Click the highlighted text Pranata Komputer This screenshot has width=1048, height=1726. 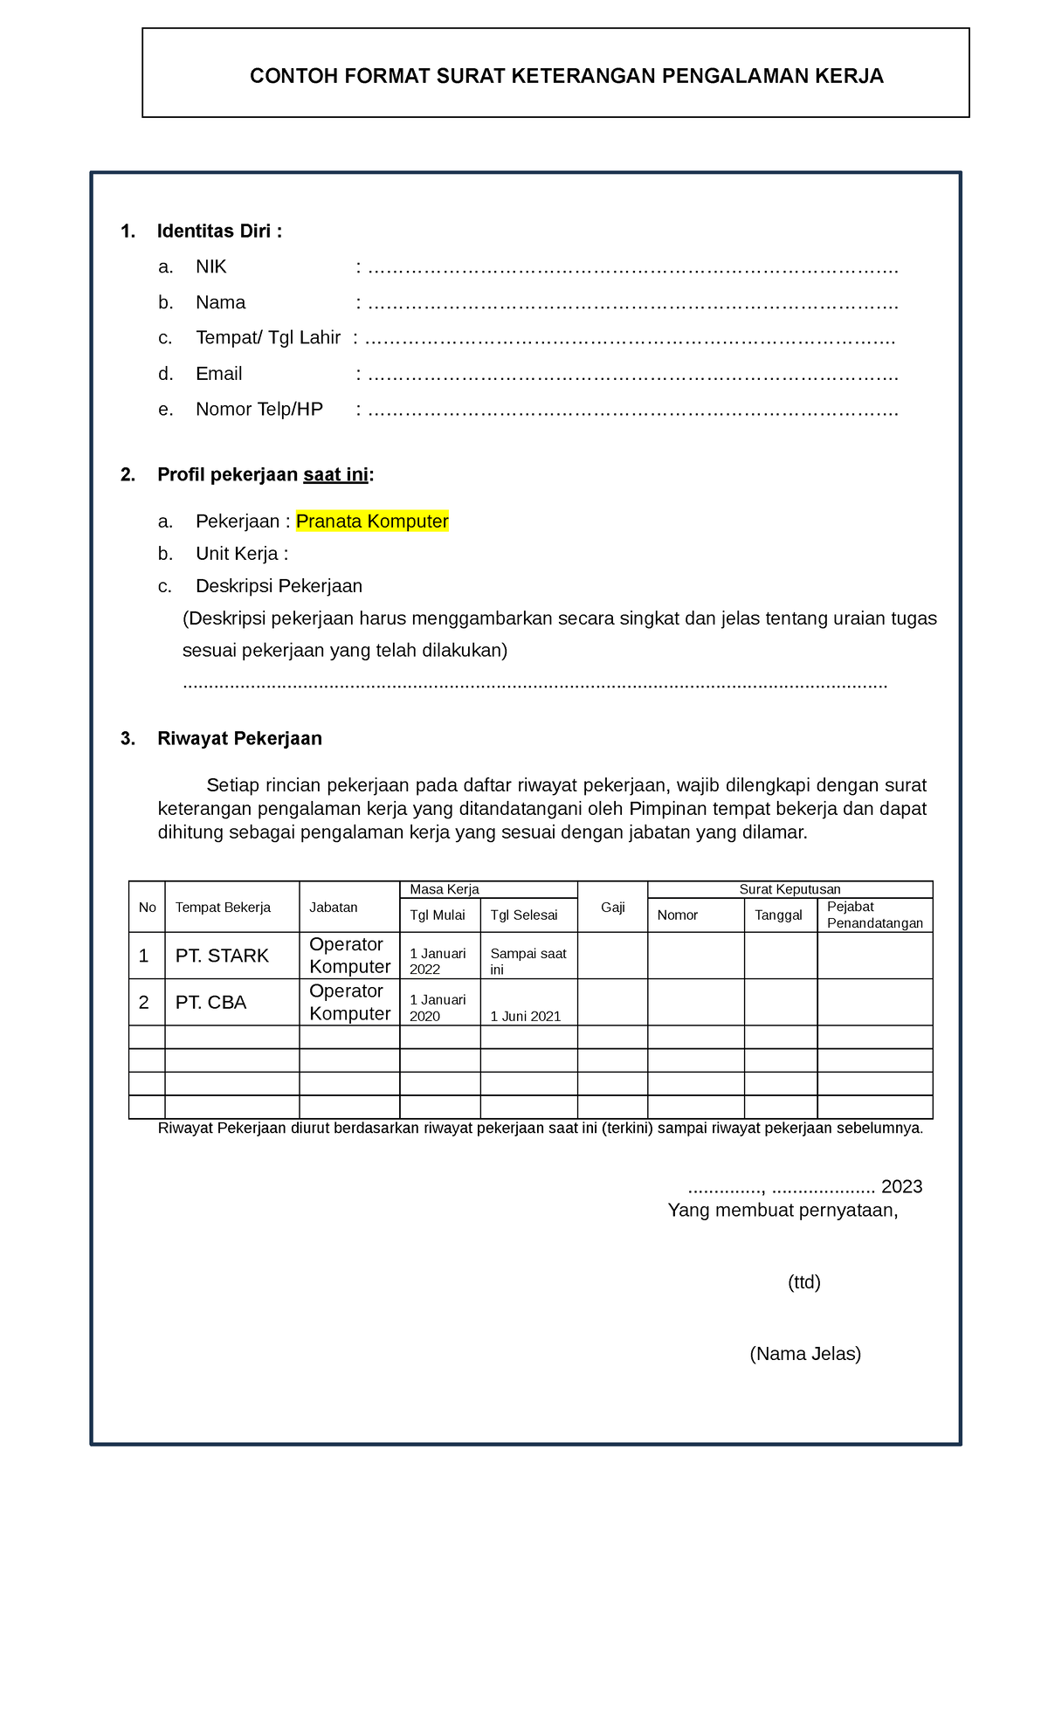click(372, 521)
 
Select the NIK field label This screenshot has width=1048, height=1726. click(210, 266)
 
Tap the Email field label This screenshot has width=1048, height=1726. click(218, 374)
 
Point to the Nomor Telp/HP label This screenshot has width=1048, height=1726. click(259, 410)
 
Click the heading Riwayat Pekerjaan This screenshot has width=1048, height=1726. click(239, 739)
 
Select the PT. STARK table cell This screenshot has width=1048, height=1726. click(222, 956)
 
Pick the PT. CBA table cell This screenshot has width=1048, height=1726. click(210, 1003)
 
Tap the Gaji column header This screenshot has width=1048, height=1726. click(612, 908)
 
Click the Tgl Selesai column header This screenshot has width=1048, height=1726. click(523, 915)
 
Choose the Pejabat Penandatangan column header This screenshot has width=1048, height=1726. click(874, 915)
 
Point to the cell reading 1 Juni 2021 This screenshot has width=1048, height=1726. click(525, 1017)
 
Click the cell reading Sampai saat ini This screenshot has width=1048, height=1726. click(527, 961)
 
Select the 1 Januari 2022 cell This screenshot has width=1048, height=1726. click(438, 961)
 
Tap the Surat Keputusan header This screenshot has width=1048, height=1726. click(789, 889)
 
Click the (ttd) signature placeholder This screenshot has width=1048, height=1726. click(803, 1282)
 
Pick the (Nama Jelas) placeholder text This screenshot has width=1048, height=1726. click(804, 1354)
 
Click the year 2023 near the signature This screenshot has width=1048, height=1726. click(901, 1186)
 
